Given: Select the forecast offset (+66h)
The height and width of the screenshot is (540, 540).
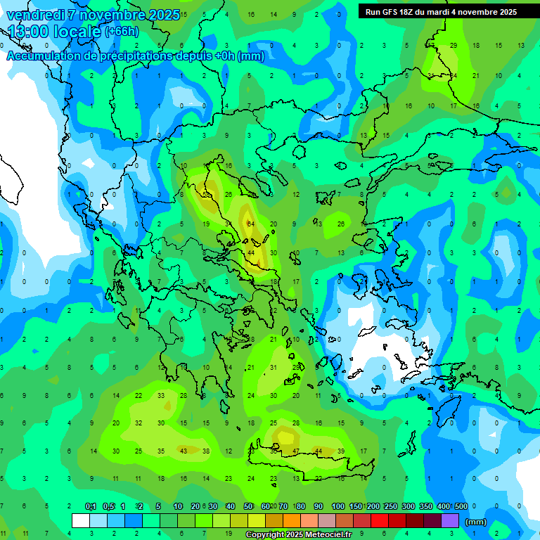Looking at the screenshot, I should [122, 32].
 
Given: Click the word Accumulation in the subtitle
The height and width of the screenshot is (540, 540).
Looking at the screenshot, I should [44, 56].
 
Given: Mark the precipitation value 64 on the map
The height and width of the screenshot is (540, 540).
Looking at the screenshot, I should [250, 224].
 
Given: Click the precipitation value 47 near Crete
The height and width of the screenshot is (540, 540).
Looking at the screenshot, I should [296, 451].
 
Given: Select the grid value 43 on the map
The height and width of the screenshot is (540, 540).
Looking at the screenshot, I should [184, 451].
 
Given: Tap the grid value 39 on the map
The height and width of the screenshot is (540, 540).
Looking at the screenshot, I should [341, 451].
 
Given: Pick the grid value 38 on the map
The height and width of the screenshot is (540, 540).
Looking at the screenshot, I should [206, 451].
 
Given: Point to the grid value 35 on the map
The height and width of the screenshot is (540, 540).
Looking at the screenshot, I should [161, 451].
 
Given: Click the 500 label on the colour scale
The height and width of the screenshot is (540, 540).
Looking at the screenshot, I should [461, 506].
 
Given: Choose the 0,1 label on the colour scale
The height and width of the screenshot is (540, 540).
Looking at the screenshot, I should [91, 506].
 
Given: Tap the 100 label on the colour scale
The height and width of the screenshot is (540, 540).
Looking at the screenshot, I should [338, 506].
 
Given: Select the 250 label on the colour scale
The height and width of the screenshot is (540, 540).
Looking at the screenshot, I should [391, 506].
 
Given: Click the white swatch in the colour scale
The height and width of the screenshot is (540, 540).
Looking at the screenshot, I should [81, 521].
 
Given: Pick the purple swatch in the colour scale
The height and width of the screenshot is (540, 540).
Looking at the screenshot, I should [450, 521].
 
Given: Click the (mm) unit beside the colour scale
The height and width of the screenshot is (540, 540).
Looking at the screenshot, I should [476, 522].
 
